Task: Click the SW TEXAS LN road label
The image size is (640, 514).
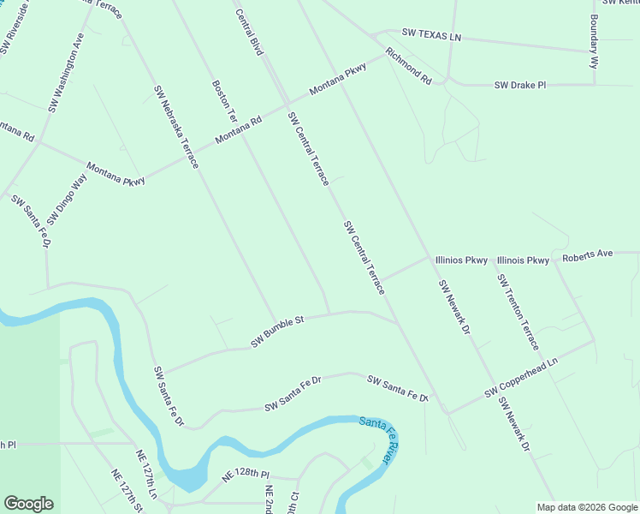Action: tap(431, 36)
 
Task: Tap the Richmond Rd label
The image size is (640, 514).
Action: tap(408, 66)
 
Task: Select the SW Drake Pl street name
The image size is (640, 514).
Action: tap(519, 86)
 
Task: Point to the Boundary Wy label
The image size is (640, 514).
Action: tap(593, 40)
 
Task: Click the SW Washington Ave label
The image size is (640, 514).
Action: tap(66, 75)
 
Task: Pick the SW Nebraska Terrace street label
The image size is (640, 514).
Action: tap(176, 127)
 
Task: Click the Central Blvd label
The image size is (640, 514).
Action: tap(248, 33)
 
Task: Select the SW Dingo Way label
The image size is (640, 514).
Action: tap(67, 200)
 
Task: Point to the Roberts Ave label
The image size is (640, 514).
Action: tap(588, 255)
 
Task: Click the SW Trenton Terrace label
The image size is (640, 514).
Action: tap(518, 312)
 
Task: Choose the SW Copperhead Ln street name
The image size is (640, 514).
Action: tap(520, 379)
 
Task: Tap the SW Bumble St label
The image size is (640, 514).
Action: tap(277, 332)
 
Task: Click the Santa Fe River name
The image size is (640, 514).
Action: tap(380, 439)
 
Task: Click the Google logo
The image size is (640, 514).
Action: tap(28, 504)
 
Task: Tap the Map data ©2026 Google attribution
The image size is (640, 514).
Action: tap(586, 507)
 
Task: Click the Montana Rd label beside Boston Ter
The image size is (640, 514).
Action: tap(238, 131)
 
